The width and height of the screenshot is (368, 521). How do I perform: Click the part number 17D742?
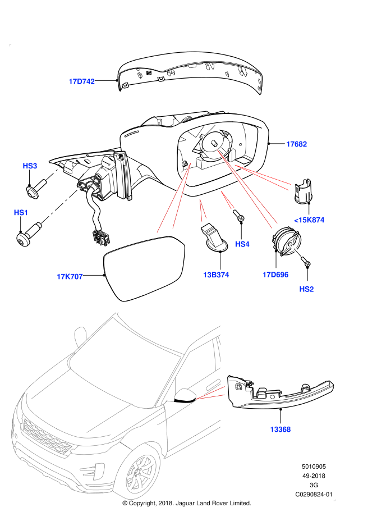pyautogui.click(x=81, y=81)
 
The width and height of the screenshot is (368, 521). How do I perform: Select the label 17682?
pyautogui.click(x=296, y=144)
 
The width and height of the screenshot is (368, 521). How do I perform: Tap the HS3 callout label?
pyautogui.click(x=30, y=166)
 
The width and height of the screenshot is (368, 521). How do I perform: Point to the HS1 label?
pyautogui.click(x=21, y=213)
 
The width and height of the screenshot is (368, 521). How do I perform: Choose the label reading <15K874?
pyautogui.click(x=309, y=220)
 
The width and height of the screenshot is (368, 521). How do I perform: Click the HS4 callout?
pyautogui.click(x=242, y=244)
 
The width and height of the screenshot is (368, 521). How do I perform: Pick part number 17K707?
pyautogui.click(x=70, y=277)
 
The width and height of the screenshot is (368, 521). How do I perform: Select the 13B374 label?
pyautogui.click(x=216, y=275)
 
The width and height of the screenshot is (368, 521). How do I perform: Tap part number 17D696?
pyautogui.click(x=275, y=275)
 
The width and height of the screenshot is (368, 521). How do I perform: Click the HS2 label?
pyautogui.click(x=306, y=289)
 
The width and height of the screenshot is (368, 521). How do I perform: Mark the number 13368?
pyautogui.click(x=280, y=429)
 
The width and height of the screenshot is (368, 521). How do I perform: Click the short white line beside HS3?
pyautogui.click(x=53, y=174)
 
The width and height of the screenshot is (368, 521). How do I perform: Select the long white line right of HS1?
pyautogui.click(x=60, y=205)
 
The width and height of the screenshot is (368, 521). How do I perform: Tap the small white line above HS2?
pyautogui.click(x=296, y=250)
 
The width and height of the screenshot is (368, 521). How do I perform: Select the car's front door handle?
pyautogui.click(x=213, y=385)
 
